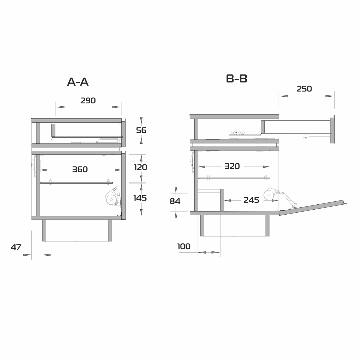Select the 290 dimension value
[x=88, y=101]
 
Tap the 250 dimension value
[x=304, y=89]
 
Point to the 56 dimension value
[x=141, y=130]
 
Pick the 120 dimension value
[x=140, y=167]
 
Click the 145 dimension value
[x=140, y=198]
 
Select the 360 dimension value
[x=80, y=170]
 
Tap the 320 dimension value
[x=232, y=166]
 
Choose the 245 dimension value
[x=251, y=200]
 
